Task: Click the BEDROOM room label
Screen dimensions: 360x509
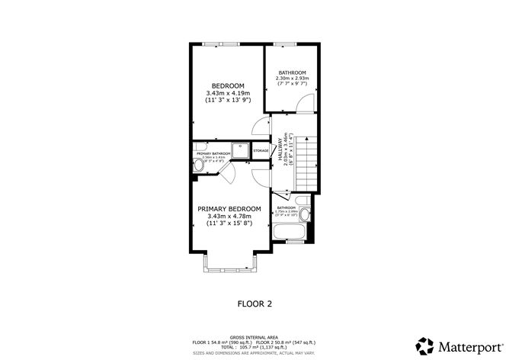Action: point(228,85)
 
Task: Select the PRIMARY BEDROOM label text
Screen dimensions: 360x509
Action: point(229,209)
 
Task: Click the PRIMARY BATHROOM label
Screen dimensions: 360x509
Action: point(213,154)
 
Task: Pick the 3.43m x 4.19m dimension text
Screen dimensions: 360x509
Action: point(228,92)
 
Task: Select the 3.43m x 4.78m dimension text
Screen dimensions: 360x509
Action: point(229,217)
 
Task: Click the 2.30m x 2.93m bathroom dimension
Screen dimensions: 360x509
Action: point(292,79)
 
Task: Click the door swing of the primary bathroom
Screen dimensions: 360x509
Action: point(227,172)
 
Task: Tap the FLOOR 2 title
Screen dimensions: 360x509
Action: point(254,303)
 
